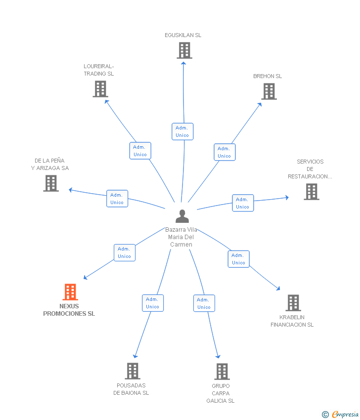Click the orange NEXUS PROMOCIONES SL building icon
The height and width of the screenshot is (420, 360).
click(x=70, y=292)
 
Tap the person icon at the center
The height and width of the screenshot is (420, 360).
click(x=182, y=216)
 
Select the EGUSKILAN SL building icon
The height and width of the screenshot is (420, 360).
click(x=184, y=50)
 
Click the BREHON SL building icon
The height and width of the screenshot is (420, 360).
click(x=269, y=91)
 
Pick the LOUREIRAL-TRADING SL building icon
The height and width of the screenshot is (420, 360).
click(x=100, y=89)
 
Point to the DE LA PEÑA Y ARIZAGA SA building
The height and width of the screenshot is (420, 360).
click(x=51, y=183)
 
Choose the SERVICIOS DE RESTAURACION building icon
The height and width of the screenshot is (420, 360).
click(x=312, y=192)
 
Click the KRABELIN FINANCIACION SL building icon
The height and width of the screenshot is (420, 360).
click(x=293, y=303)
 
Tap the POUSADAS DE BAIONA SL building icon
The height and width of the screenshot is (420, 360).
click(x=133, y=371)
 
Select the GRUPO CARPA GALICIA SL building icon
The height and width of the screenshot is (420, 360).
click(x=222, y=372)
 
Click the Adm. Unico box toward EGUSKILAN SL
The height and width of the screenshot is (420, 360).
click(x=182, y=131)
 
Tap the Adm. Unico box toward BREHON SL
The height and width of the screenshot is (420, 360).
click(x=225, y=152)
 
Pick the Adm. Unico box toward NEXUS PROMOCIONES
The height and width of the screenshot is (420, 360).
click(x=125, y=252)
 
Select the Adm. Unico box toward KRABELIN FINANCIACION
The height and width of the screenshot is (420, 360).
click(x=238, y=259)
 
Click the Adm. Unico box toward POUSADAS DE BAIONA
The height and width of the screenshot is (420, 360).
click(x=153, y=303)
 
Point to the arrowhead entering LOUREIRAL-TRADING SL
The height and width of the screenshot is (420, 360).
click(x=106, y=101)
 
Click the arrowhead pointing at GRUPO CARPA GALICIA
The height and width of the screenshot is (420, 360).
click(x=218, y=356)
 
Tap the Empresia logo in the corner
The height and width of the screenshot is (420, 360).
click(x=340, y=415)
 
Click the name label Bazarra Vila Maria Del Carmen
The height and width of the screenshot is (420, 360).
click(x=181, y=237)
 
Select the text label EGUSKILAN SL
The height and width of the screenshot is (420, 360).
click(x=183, y=35)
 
